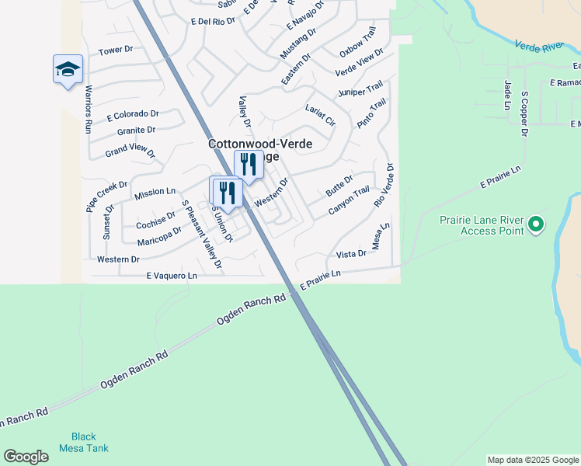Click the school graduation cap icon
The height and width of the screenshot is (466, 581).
point(68,68)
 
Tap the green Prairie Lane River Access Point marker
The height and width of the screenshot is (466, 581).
point(535,225)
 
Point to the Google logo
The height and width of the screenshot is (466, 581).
point(26,457)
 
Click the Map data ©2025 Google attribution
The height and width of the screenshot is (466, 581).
point(533,460)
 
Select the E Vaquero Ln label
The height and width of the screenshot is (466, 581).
point(172,276)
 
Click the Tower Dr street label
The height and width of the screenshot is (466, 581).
point(117,51)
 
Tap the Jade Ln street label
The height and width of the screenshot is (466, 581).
point(507,94)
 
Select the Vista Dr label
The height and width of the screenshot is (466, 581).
point(351,254)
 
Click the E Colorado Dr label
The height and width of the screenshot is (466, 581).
point(133,116)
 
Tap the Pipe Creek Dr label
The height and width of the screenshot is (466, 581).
point(106,196)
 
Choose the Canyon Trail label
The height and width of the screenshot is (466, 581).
point(349,201)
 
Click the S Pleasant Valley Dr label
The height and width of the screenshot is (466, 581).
point(201,235)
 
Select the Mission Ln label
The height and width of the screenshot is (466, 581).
point(155,192)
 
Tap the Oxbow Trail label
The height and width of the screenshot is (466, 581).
point(357,41)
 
